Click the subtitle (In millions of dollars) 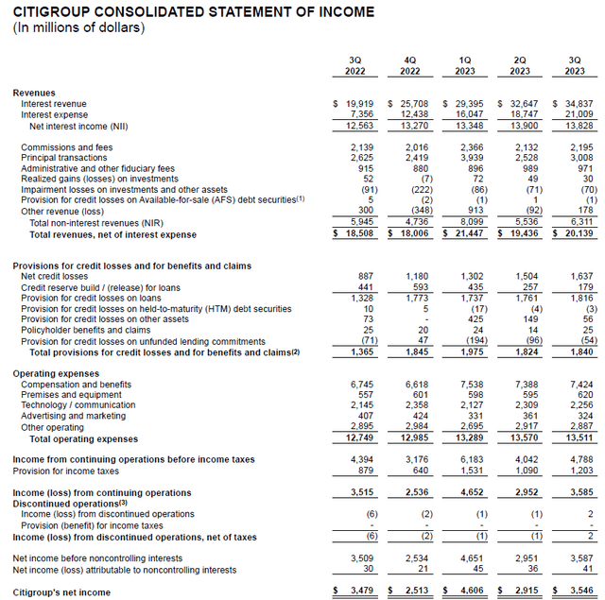click(x=78, y=27)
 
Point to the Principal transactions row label click(x=64, y=158)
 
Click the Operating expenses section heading click(x=56, y=373)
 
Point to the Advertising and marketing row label click(x=73, y=416)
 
